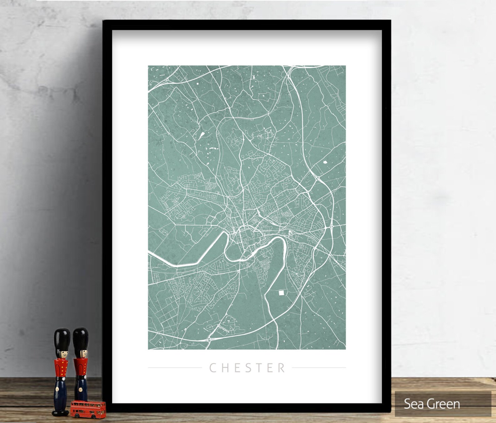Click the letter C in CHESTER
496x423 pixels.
coord(213,368)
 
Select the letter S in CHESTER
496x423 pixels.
coord(248,368)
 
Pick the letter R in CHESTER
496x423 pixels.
coord(281,368)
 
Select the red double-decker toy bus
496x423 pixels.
coord(88,409)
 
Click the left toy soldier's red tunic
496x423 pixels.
coord(62,369)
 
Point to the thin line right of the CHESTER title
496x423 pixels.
coord(319,368)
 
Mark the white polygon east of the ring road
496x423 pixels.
coord(325,162)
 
